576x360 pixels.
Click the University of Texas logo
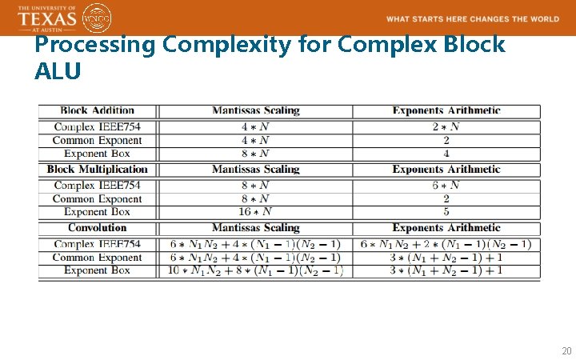click(x=47, y=17)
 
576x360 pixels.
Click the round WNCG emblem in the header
click(x=98, y=18)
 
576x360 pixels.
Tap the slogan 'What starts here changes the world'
click(x=473, y=19)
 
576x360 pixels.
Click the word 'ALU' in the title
click(x=58, y=71)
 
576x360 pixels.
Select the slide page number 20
click(x=566, y=350)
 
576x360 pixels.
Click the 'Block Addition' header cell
click(x=97, y=110)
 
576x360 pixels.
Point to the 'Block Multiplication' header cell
click(x=97, y=169)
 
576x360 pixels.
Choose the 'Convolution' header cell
click(x=97, y=228)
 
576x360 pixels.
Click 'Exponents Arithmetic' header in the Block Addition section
click(x=446, y=110)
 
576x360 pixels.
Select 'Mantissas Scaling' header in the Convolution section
click(x=255, y=228)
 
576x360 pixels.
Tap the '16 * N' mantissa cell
click(x=255, y=212)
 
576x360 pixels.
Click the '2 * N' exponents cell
click(x=446, y=126)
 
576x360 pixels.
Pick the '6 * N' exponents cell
click(x=446, y=185)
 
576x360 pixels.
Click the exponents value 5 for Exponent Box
click(x=446, y=212)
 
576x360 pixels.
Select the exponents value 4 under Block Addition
click(x=446, y=154)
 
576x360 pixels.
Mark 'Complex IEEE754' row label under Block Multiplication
click(x=97, y=185)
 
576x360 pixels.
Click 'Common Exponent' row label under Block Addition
click(x=97, y=140)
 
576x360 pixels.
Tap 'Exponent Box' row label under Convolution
click(x=97, y=270)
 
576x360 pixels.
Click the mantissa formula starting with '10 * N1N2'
click(x=255, y=270)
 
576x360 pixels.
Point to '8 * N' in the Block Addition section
click(x=255, y=154)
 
